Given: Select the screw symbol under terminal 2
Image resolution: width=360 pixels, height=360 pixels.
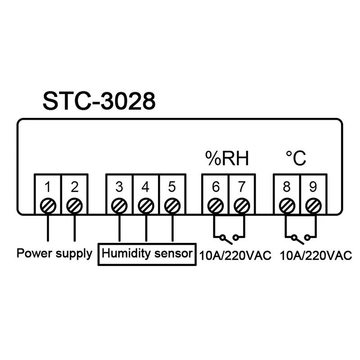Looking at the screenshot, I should (x=74, y=206).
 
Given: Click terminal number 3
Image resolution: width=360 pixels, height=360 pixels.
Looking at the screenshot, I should (x=119, y=186).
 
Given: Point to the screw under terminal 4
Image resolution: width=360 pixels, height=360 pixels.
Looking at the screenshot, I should (x=145, y=206).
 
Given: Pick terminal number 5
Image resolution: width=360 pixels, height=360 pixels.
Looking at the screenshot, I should (x=171, y=186).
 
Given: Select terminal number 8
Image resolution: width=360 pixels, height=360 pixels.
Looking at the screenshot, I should (x=285, y=186).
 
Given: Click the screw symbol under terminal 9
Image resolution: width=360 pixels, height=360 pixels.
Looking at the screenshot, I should (x=312, y=206).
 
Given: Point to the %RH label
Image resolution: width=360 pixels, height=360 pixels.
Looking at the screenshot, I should (x=227, y=158).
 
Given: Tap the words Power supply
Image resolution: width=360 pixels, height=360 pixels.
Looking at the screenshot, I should (x=54, y=253).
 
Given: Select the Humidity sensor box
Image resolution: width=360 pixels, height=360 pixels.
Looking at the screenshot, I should (x=147, y=253).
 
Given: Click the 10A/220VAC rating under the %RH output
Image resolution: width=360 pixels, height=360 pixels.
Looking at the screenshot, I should (x=235, y=256).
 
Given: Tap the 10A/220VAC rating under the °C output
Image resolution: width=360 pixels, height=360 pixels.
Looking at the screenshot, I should (x=315, y=256).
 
